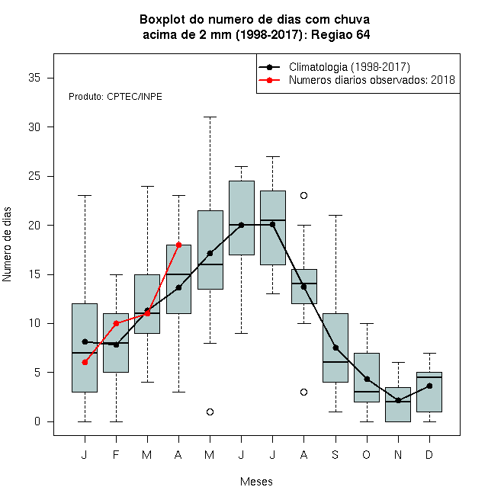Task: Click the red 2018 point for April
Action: pyautogui.click(x=179, y=245)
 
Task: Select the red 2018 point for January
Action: pyautogui.click(x=85, y=363)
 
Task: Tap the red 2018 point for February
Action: pyautogui.click(x=116, y=323)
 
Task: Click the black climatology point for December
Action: pyautogui.click(x=429, y=386)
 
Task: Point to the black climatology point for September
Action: pyautogui.click(x=335, y=348)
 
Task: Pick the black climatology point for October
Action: pyautogui.click(x=367, y=380)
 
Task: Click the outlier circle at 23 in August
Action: pyautogui.click(x=303, y=195)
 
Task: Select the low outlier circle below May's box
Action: pyautogui.click(x=210, y=412)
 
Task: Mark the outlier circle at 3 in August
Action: pyautogui.click(x=303, y=392)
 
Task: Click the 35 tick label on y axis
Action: pyautogui.click(x=34, y=78)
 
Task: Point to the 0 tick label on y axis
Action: pyautogui.click(x=37, y=421)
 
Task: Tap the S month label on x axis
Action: pyautogui.click(x=335, y=454)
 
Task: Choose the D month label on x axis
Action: pyautogui.click(x=429, y=454)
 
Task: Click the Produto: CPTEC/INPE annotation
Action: pyautogui.click(x=115, y=97)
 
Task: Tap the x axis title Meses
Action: pyautogui.click(x=256, y=482)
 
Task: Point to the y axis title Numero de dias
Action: pyautogui.click(x=7, y=245)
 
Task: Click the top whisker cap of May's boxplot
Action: pyautogui.click(x=210, y=117)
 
